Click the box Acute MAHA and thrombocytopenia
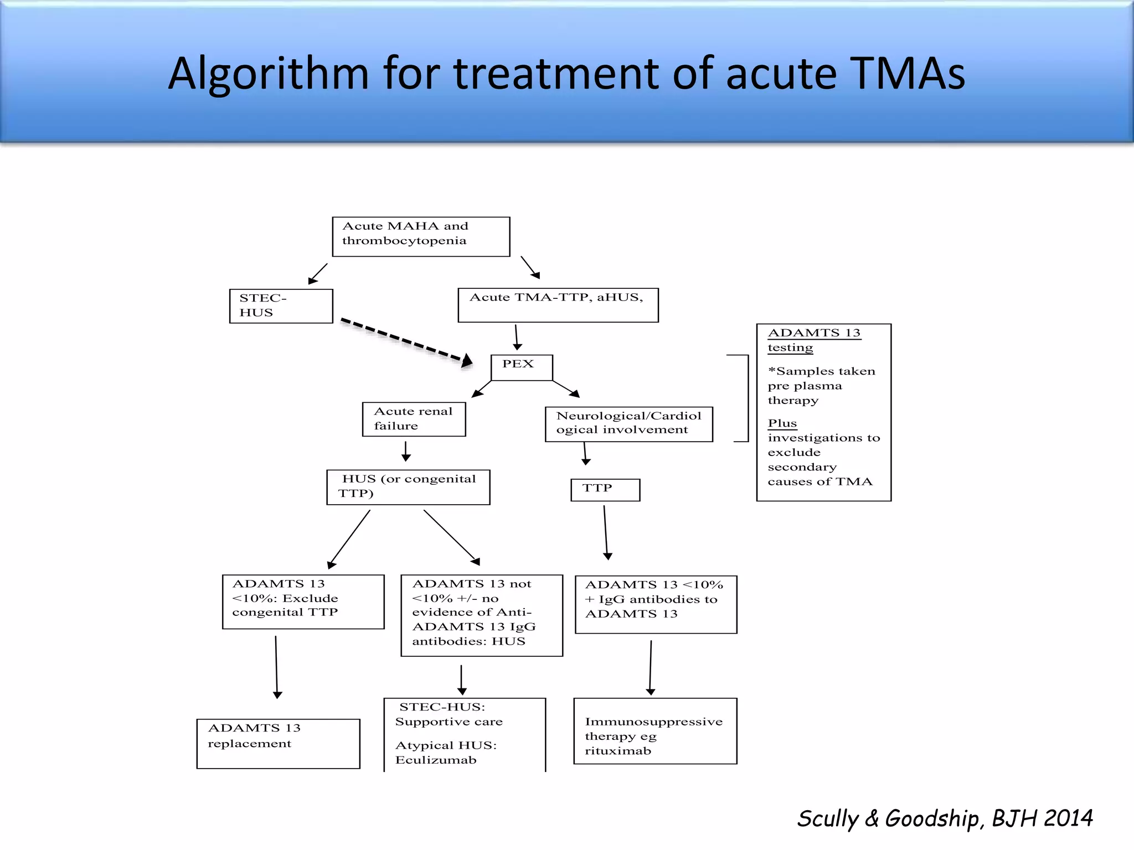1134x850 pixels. (x=421, y=236)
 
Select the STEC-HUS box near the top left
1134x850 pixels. (x=281, y=305)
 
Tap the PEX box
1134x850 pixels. (x=522, y=367)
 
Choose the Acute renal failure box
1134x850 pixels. (x=414, y=419)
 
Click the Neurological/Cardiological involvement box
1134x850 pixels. (x=628, y=424)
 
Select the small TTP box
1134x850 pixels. (x=605, y=489)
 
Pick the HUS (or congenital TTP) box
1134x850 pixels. (x=408, y=487)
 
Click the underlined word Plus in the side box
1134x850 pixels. (x=782, y=423)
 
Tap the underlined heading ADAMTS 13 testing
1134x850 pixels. (x=813, y=340)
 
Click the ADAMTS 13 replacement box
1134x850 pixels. (x=278, y=743)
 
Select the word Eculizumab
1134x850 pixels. (x=436, y=760)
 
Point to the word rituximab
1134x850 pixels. (x=618, y=751)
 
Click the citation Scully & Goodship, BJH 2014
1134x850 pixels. (x=945, y=818)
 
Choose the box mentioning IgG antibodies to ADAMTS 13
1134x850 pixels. (x=656, y=604)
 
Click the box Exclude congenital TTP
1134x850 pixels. (x=303, y=602)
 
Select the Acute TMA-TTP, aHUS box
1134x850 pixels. (x=558, y=305)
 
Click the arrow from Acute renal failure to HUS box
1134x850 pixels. (x=406, y=450)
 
